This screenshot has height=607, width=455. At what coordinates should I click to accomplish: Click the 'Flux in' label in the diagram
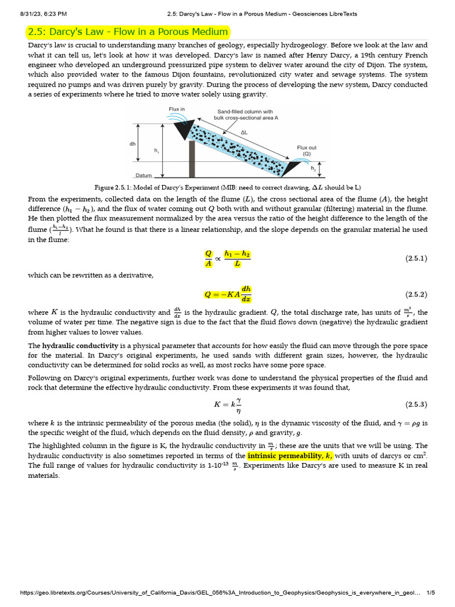[x=177, y=109]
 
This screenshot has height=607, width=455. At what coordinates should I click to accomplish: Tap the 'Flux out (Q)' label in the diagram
[x=307, y=151]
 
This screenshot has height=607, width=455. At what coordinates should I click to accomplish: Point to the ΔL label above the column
[x=243, y=133]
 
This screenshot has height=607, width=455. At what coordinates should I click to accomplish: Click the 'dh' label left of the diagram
[x=132, y=144]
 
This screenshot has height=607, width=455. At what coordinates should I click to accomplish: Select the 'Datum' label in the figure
[x=143, y=175]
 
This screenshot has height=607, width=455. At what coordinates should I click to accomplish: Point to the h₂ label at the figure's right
[x=313, y=168]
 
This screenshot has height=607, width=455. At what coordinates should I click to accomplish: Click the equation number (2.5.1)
[x=416, y=258]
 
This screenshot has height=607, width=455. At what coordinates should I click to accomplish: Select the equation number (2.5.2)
[x=416, y=294]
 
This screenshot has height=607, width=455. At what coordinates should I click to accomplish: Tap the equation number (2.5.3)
[x=416, y=404]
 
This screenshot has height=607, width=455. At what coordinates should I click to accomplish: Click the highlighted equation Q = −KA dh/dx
[x=227, y=294]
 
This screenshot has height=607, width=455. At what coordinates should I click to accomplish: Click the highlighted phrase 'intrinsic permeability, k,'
[x=290, y=455]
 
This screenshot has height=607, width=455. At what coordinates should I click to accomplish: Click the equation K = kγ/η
[x=227, y=404]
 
